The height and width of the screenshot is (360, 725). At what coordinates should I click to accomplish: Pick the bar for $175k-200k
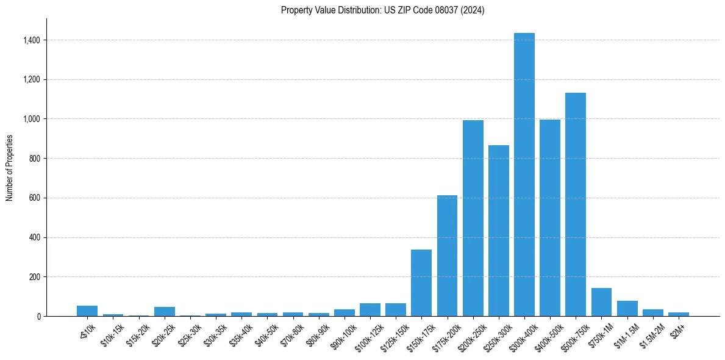click(x=447, y=256)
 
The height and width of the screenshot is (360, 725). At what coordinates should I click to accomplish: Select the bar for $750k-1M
click(x=601, y=302)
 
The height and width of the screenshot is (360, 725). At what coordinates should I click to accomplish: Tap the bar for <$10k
click(x=87, y=311)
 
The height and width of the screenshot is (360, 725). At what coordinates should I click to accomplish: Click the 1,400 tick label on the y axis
click(x=32, y=40)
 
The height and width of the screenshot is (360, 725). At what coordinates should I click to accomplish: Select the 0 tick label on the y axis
click(x=38, y=316)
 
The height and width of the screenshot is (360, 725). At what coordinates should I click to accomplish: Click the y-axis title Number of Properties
click(x=9, y=168)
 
